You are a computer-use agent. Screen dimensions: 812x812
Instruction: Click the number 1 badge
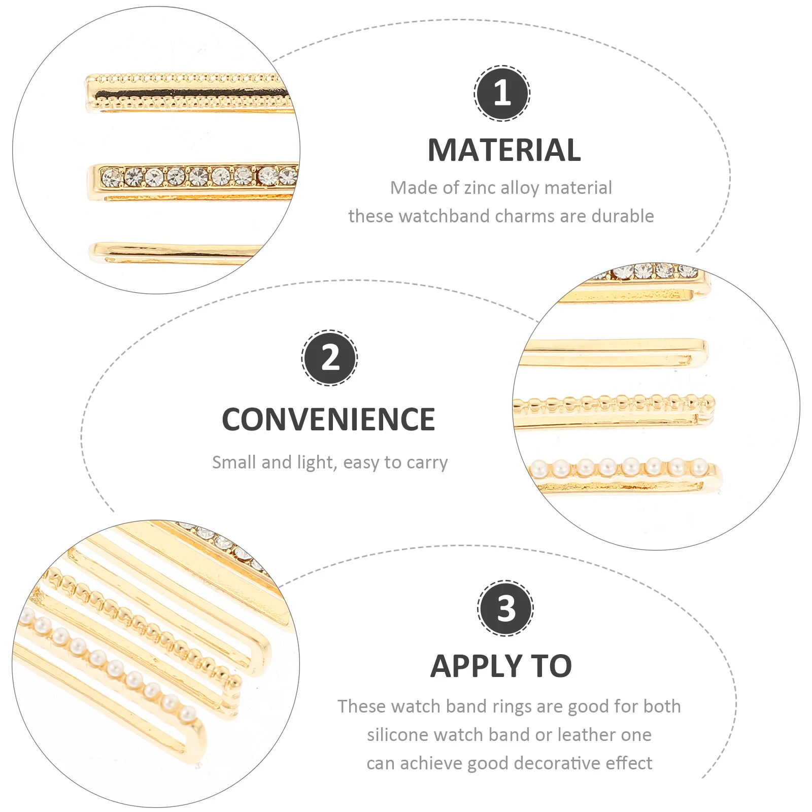[502, 93]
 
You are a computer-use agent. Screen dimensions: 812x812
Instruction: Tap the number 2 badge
[330, 358]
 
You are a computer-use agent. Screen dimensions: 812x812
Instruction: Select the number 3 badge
[505, 607]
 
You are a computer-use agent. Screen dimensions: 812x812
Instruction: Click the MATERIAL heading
[504, 150]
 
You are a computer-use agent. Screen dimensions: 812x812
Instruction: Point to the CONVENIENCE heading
[328, 420]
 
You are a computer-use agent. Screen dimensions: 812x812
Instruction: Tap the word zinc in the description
[480, 188]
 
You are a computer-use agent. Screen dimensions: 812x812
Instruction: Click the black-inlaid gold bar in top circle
[188, 94]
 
